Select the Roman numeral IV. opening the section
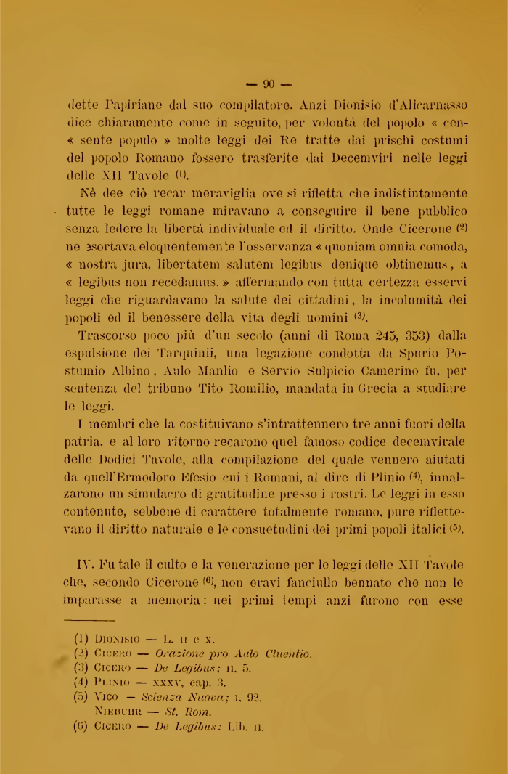88,564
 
